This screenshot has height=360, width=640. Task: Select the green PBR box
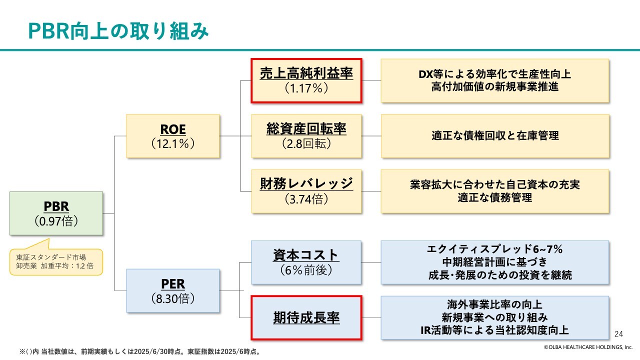(x=56, y=213)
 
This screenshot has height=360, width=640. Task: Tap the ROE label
(x=173, y=129)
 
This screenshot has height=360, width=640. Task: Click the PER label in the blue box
(x=173, y=283)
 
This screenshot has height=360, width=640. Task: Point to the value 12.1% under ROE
(x=173, y=143)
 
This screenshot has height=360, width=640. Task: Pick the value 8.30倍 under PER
(x=173, y=298)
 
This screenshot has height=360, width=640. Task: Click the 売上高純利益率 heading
(x=306, y=73)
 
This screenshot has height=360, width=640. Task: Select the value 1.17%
(x=306, y=88)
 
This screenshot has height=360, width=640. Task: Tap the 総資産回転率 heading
(x=306, y=129)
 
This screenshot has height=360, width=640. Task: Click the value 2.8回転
(x=306, y=143)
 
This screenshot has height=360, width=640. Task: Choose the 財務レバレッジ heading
(x=306, y=183)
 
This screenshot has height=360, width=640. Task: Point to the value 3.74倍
(x=306, y=199)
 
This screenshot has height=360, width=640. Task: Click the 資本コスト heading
(x=306, y=255)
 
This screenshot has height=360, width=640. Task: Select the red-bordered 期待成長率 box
(x=306, y=317)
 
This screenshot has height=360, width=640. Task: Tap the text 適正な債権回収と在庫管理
(x=495, y=135)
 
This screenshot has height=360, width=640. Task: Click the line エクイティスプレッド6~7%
(x=494, y=249)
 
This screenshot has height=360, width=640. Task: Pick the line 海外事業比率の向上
(x=494, y=304)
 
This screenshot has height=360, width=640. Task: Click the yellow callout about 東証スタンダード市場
(x=56, y=260)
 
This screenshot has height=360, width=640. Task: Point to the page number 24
(x=618, y=334)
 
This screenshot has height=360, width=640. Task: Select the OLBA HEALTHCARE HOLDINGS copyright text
(x=588, y=347)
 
